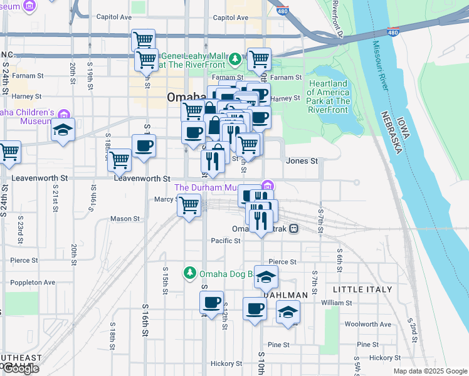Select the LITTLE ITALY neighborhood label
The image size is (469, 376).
(x=362, y=290)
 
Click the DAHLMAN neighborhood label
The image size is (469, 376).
(x=285, y=295)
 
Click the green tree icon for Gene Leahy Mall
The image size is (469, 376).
(x=235, y=60)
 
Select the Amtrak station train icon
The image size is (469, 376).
(x=293, y=229)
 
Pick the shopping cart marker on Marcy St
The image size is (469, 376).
(x=189, y=206)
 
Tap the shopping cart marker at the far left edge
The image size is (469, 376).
(x=9, y=152)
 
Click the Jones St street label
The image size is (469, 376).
(x=302, y=161)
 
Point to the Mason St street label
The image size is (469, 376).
(x=125, y=219)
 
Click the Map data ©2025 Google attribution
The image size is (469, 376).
(x=429, y=371)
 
